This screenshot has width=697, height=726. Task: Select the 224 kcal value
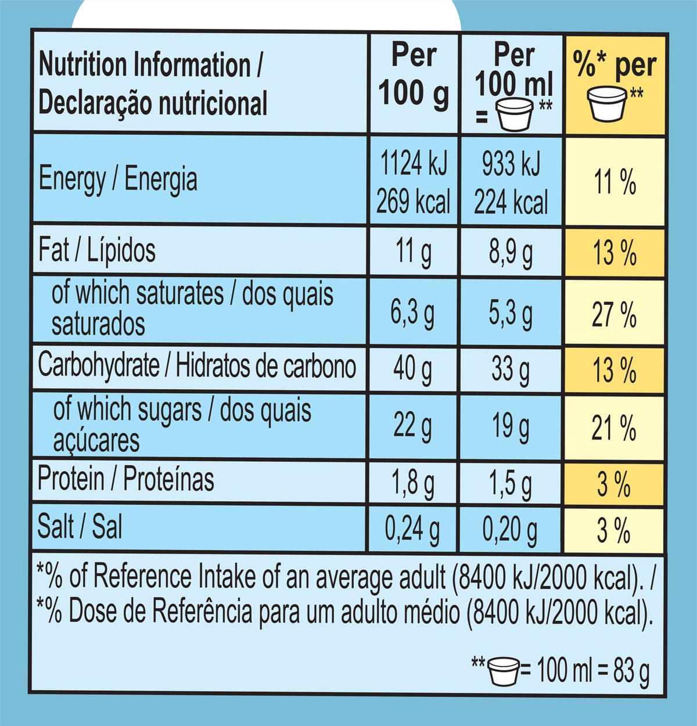tap(511, 203)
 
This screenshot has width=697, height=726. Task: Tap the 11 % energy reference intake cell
tap(615, 182)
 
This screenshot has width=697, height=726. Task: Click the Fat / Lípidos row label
tap(97, 250)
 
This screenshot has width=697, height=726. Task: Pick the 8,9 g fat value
tap(511, 253)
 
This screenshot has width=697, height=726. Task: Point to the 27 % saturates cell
tap(615, 314)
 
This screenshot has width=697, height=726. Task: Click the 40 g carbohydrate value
tap(412, 369)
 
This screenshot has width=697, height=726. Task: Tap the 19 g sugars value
tap(511, 427)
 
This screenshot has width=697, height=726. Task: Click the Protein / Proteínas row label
tap(125, 480)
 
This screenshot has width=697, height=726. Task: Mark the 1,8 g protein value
tap(412, 483)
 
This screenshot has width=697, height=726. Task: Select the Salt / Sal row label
tap(80, 527)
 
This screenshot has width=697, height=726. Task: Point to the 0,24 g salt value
tap(412, 530)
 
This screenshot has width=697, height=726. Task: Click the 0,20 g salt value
tap(511, 530)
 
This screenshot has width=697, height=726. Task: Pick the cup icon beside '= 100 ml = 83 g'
tap(503, 671)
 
